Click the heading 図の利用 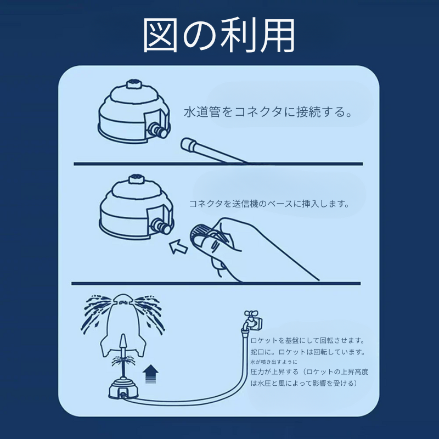218,36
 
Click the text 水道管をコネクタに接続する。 268,112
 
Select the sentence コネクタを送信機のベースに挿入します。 269,204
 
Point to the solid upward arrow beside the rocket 150,374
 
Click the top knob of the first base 133,84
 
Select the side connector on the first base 157,131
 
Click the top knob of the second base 137,179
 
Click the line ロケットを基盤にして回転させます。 307,340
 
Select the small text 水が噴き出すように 273,362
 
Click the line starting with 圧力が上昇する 309,372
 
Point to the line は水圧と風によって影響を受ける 304,383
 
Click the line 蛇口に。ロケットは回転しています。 308,352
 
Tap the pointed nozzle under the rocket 122,342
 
